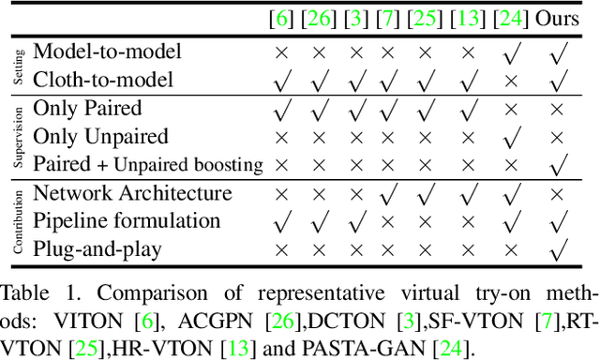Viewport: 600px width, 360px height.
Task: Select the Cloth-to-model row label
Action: point(103,81)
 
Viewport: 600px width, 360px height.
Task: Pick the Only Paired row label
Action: point(89,110)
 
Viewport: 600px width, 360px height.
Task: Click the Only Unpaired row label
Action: point(100,137)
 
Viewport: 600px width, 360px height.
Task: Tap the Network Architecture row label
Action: point(132,194)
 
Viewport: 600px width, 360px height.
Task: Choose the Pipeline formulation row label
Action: point(127,221)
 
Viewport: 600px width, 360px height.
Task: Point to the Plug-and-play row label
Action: point(97,249)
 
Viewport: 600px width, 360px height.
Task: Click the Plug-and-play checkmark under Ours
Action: point(557,250)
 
